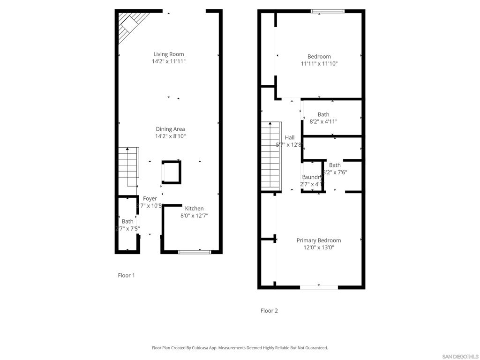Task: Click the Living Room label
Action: [x=168, y=54]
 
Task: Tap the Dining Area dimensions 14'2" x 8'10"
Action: [x=170, y=136]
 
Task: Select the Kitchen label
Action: [x=194, y=209]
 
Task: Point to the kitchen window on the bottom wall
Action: [x=195, y=252]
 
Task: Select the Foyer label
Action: [x=150, y=199]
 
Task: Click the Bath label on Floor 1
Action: [x=127, y=221]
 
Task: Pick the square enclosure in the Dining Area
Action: [x=171, y=172]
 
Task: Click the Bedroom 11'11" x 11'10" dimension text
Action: [x=319, y=64]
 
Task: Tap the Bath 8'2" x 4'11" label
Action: [x=323, y=114]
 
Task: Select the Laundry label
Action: [x=311, y=177]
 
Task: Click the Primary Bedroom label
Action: [x=318, y=240]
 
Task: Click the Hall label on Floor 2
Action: [x=290, y=137]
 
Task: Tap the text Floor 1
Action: [x=126, y=275]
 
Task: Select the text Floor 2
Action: [x=269, y=310]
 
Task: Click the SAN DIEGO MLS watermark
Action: [x=459, y=356]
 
